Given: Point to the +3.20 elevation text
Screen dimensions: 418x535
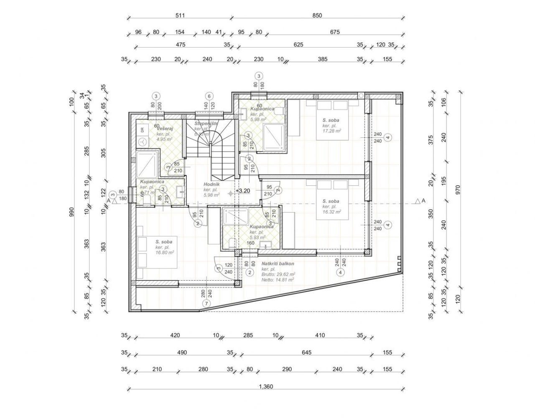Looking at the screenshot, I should (x=243, y=191).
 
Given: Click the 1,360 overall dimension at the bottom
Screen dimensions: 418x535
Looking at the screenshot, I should (x=265, y=387).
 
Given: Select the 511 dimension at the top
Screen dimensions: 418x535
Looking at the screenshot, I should (x=180, y=16).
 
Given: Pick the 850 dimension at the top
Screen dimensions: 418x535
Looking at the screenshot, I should (x=317, y=16).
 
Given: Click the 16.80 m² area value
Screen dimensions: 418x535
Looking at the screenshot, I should (x=165, y=252).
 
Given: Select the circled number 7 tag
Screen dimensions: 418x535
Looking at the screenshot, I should (x=206, y=304).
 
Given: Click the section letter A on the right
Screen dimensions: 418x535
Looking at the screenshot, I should (x=423, y=201).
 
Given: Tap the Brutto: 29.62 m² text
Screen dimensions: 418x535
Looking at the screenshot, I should (x=279, y=274).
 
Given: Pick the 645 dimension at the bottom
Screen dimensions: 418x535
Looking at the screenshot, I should (x=306, y=352).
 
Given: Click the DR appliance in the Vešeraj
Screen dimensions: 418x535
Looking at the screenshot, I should (x=143, y=130).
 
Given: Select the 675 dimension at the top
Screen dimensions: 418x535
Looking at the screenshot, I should (x=335, y=32).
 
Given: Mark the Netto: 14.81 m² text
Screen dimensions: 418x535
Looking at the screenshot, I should (x=278, y=280).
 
